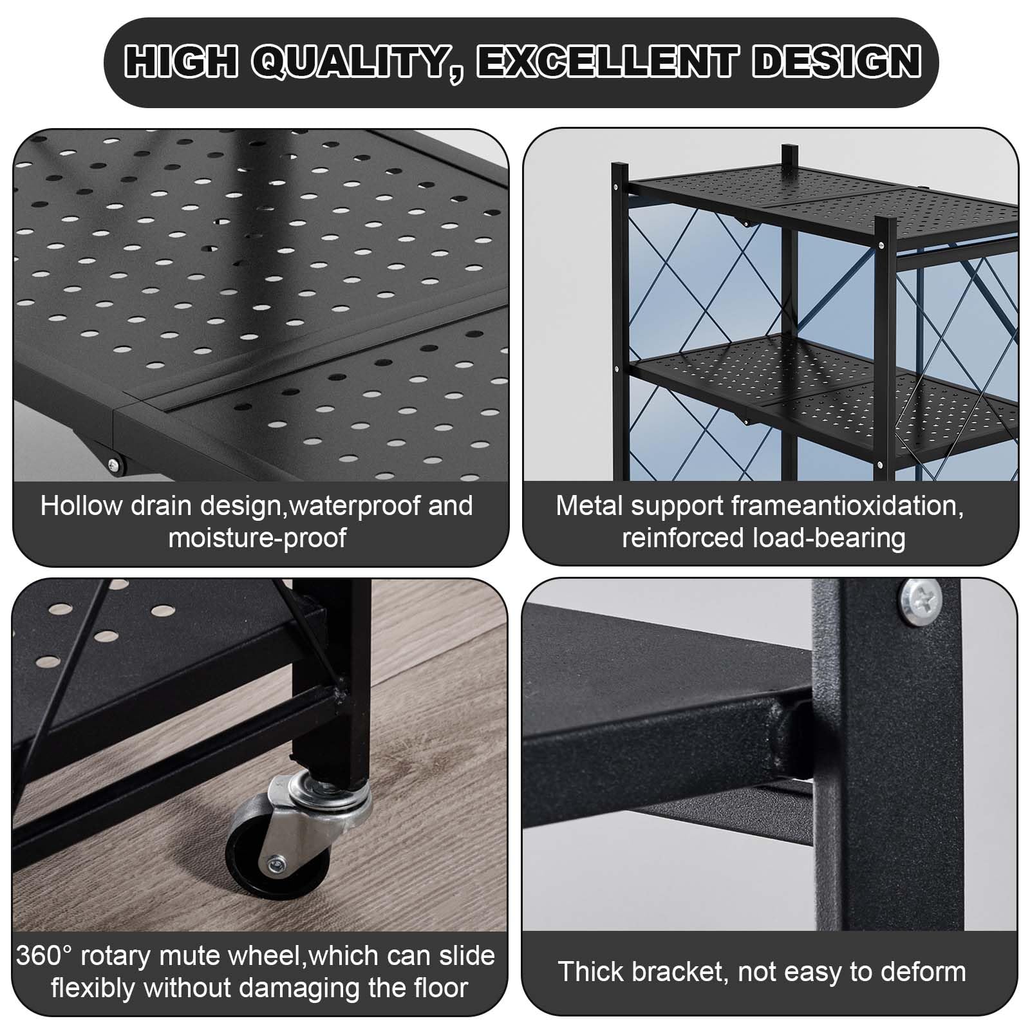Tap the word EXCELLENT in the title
click(x=607, y=62)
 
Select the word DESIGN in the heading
click(x=837, y=62)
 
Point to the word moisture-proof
click(x=257, y=538)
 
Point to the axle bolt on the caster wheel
click(x=276, y=861)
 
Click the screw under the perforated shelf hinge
click(x=114, y=464)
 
